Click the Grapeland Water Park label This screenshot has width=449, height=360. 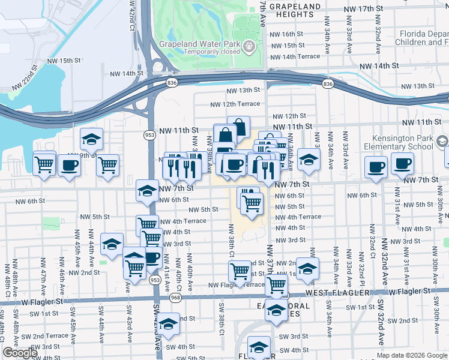point(199,44)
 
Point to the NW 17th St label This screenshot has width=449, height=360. point(364,9)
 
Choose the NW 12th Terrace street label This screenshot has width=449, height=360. point(235,104)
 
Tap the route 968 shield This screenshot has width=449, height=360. point(175,298)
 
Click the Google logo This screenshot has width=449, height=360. point(20,353)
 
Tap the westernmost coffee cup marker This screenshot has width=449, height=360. point(69,166)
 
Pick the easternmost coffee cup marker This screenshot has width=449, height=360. point(402,163)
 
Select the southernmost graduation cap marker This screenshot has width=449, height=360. point(259,347)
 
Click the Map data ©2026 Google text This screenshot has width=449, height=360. point(412,355)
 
